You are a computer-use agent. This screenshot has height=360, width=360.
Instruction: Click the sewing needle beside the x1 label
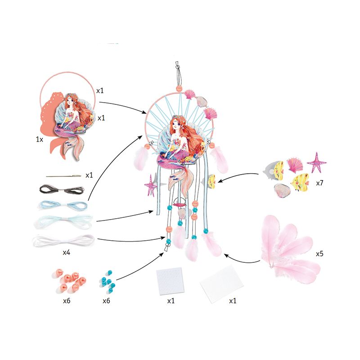(x=63, y=176)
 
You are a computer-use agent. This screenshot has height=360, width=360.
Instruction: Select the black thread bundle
(x=62, y=189)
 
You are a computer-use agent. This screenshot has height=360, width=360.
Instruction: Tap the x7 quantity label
(x=319, y=183)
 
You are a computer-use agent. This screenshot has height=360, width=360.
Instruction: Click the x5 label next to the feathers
(x=319, y=254)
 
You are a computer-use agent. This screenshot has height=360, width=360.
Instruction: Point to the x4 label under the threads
(x=66, y=252)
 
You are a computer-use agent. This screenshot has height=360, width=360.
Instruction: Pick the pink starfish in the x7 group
(x=316, y=162)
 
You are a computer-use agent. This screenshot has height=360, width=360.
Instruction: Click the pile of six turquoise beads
(x=108, y=281)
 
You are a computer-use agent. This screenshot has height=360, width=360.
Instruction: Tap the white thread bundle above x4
(x=63, y=240)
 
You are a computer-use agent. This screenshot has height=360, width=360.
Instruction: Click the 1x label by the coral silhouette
(x=40, y=139)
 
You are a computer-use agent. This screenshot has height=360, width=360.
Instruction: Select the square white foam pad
(x=170, y=281)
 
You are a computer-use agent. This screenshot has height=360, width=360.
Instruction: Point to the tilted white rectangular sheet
(x=221, y=283)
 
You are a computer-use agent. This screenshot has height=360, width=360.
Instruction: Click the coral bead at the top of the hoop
(x=179, y=88)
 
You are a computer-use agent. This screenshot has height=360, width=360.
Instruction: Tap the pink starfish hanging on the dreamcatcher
(x=151, y=185)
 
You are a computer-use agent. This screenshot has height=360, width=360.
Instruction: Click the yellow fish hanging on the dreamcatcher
(x=211, y=180)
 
